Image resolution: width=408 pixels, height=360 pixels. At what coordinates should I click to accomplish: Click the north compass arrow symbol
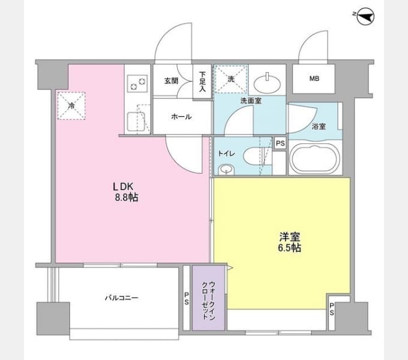365,17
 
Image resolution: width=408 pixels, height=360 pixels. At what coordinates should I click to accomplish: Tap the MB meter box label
314,78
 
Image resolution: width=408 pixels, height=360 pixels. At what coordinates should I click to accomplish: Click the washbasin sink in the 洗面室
267,84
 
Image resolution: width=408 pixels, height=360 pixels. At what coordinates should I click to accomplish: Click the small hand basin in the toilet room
226,170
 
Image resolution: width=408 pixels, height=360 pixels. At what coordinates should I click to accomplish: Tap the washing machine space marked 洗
231,79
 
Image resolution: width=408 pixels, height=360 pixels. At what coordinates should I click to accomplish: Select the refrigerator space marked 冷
71,106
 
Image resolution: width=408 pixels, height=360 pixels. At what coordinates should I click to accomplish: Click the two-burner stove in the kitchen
137,84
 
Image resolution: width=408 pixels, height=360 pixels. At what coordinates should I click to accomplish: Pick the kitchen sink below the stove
136,121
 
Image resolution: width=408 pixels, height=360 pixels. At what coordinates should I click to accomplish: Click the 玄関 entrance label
171,81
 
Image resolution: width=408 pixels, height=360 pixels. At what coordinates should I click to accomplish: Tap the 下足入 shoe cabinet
202,82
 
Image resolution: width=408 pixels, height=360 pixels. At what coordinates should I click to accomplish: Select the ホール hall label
181,117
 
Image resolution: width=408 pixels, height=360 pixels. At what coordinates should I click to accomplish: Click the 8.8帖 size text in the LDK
127,197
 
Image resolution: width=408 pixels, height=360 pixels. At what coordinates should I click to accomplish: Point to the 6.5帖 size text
290,248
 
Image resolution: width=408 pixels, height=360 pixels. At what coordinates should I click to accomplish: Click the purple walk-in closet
208,298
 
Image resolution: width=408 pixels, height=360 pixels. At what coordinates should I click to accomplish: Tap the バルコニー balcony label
122,298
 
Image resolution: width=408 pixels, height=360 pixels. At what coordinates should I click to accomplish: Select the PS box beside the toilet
280,143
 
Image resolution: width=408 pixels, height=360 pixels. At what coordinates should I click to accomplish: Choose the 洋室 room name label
290,237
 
